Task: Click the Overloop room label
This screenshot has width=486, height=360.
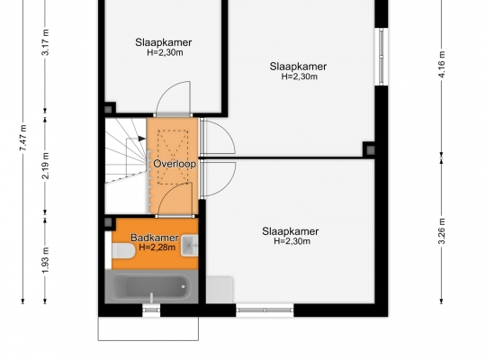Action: click(x=175, y=164)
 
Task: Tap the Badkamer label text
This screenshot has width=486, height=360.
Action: click(x=155, y=238)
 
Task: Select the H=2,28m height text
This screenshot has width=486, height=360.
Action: click(x=157, y=247)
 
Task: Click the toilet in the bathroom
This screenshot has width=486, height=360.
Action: click(x=123, y=250)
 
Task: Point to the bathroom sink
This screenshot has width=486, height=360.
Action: click(x=189, y=246)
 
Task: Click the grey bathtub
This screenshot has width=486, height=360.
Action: click(x=151, y=286)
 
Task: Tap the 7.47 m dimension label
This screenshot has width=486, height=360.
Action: click(x=23, y=138)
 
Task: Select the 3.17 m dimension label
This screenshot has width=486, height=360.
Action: click(x=45, y=42)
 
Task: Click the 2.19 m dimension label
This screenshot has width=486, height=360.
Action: click(x=45, y=166)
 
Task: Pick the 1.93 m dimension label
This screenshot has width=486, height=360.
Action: click(x=45, y=261)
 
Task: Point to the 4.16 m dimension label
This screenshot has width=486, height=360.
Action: click(x=442, y=65)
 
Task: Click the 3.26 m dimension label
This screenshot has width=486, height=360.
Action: click(x=442, y=231)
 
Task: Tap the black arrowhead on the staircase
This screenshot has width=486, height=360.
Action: click(x=142, y=139)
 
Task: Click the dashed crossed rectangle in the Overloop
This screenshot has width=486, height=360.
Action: click(x=173, y=157)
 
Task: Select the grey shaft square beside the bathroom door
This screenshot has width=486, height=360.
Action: click(x=108, y=222)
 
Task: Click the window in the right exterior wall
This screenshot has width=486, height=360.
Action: click(x=382, y=57)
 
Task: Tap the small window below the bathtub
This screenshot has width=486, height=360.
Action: click(x=151, y=310)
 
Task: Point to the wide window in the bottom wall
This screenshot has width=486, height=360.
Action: click(x=265, y=310)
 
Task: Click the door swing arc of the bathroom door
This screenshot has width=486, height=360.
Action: click(x=170, y=193)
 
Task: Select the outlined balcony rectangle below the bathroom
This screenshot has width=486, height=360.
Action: click(x=148, y=328)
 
